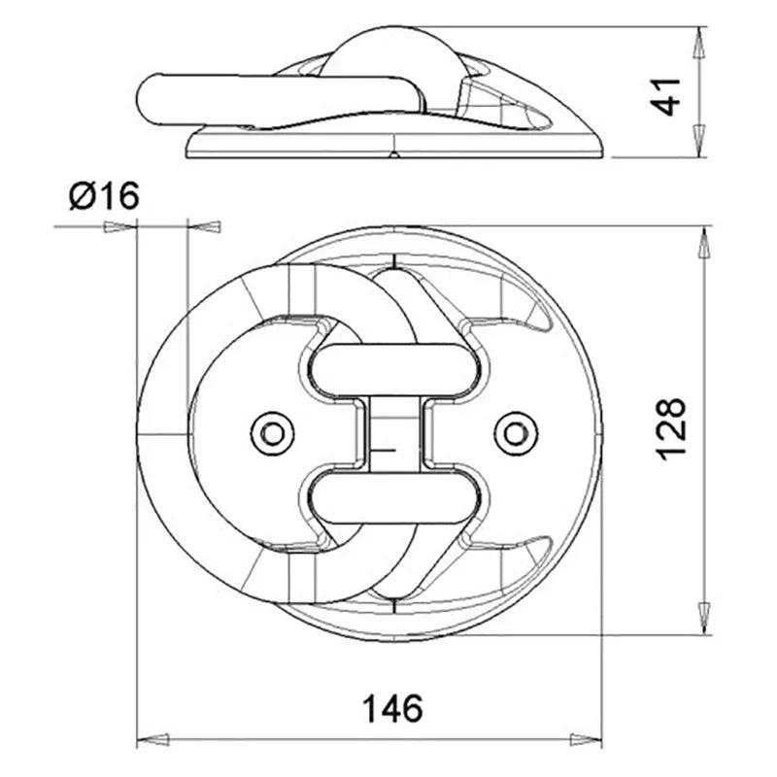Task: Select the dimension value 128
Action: coord(671,428)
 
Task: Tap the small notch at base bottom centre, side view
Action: coord(394,153)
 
